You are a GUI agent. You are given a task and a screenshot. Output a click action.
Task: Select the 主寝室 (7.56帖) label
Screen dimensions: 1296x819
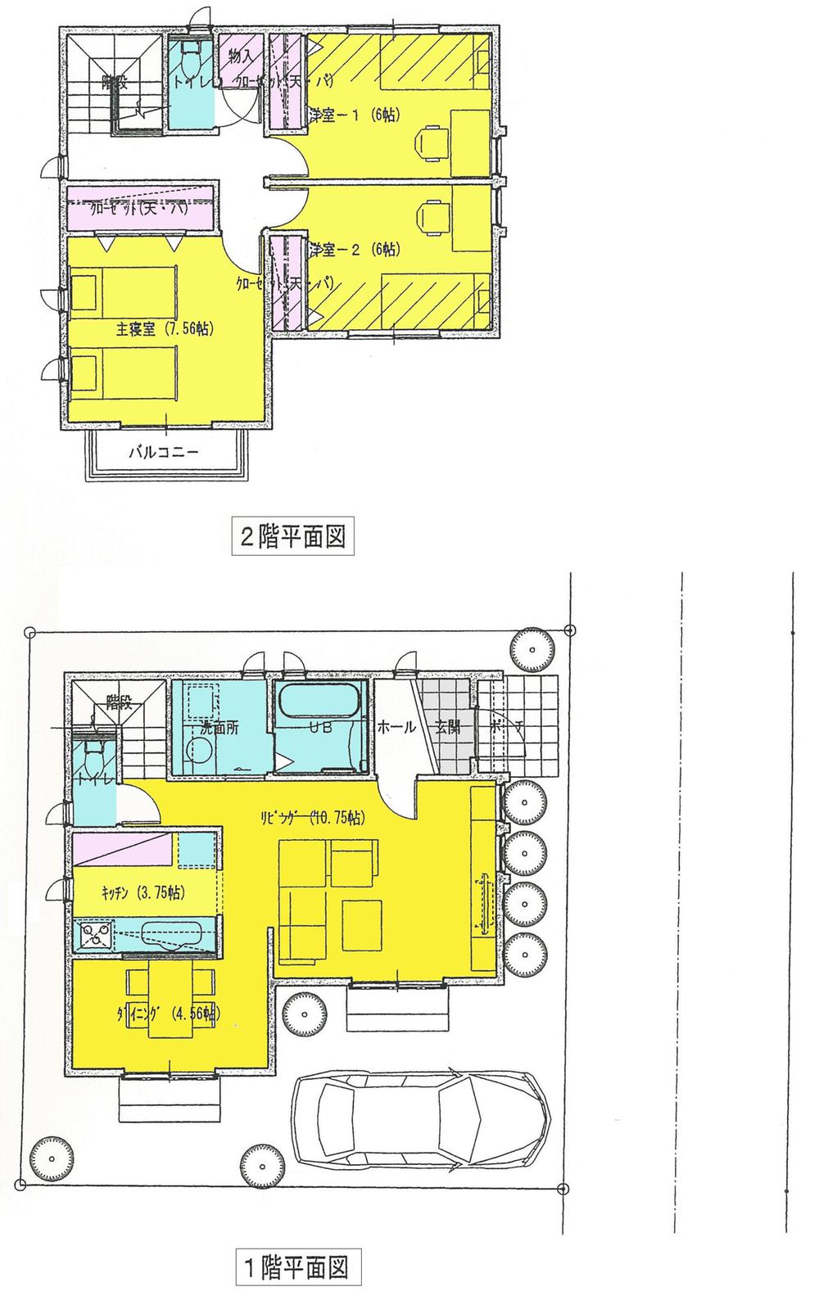click(x=165, y=329)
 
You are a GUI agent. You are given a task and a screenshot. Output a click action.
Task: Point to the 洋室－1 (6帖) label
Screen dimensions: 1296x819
click(x=354, y=115)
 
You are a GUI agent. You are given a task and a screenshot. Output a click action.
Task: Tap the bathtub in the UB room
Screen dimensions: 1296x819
click(x=319, y=702)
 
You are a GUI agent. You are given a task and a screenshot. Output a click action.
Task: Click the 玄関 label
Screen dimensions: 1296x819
click(x=447, y=728)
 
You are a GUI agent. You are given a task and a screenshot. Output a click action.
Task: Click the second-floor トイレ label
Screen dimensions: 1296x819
click(x=191, y=81)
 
